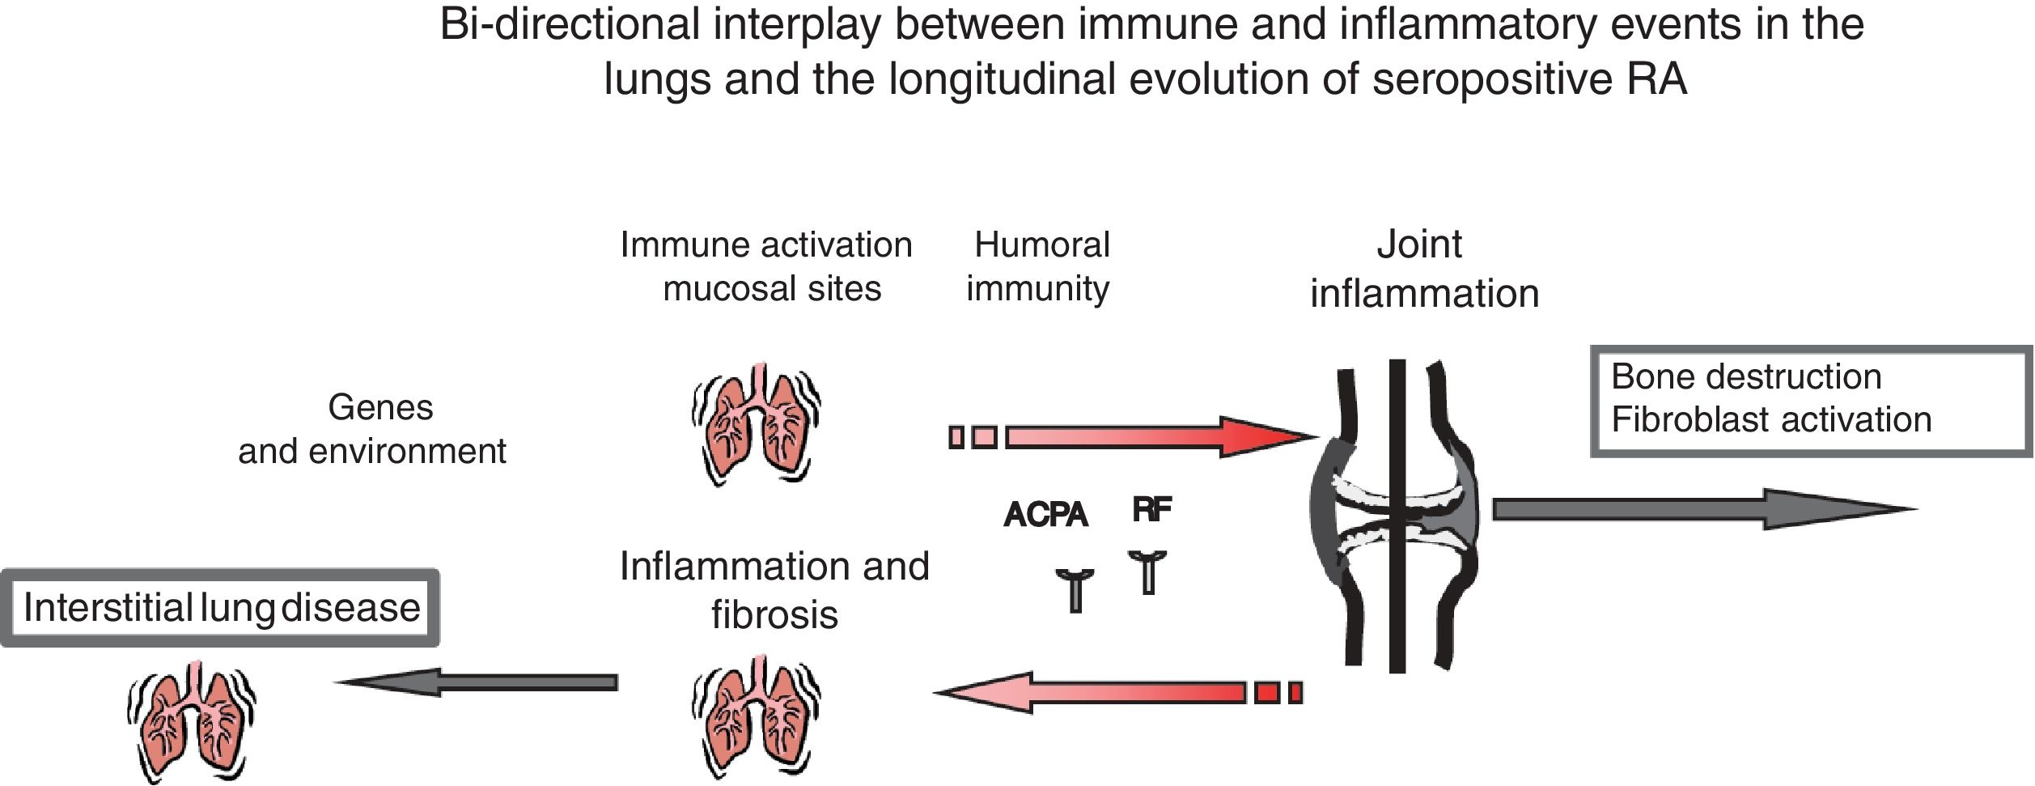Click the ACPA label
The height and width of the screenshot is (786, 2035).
[1045, 515]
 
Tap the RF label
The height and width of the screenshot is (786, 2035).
[1151, 509]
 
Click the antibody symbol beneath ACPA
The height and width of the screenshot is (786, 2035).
[1075, 589]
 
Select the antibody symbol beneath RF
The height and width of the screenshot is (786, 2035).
[1147, 571]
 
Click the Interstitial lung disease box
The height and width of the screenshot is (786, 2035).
[220, 608]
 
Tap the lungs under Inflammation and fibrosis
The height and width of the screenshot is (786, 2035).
[756, 716]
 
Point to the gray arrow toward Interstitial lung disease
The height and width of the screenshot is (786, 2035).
[477, 682]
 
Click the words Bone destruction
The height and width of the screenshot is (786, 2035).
[1745, 377]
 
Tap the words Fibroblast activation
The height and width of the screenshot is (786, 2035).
[1770, 419]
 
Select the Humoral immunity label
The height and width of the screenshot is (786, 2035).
[1040, 266]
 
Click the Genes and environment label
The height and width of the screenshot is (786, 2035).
[374, 429]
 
